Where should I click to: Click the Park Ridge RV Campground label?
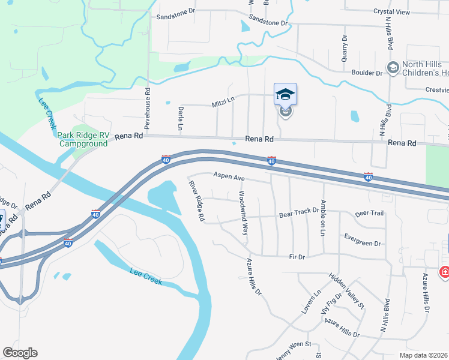point(83,139)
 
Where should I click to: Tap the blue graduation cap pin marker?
point(285,95)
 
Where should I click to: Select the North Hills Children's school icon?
point(393,67)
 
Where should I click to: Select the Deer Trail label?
point(369,213)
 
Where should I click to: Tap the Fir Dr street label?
point(297,257)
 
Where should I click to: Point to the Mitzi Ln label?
point(223,103)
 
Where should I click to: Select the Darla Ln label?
point(180,118)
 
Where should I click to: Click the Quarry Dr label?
point(345,47)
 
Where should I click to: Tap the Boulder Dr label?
point(370,73)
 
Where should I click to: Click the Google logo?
point(20,353)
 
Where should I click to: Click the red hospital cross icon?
point(444,272)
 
